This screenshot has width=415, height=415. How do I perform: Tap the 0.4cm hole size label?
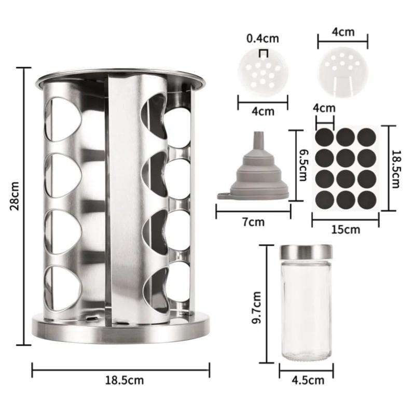tap(262, 38)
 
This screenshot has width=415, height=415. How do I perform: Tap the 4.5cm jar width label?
tap(308, 380)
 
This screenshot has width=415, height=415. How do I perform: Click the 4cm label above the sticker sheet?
tap(324, 108)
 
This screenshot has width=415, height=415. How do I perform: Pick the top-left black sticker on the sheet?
tap(326, 137)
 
